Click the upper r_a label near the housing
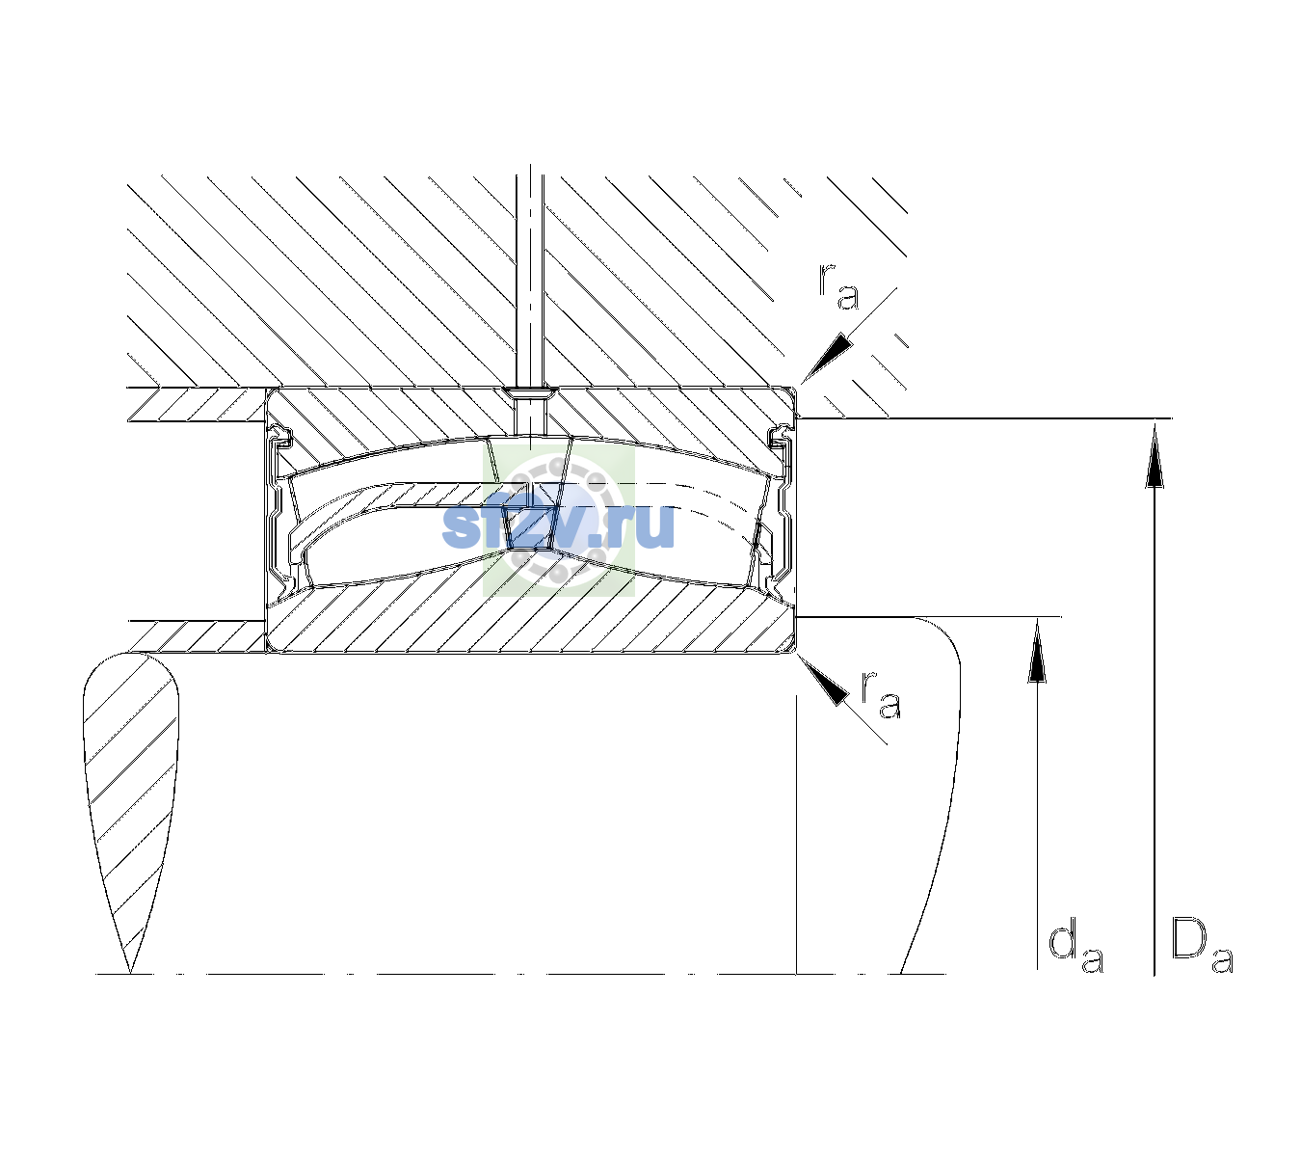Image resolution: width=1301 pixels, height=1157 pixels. pyautogui.click(x=838, y=287)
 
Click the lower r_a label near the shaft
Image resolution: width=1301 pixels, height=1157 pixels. pyautogui.click(x=881, y=694)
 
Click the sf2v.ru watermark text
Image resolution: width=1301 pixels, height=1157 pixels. pyautogui.click(x=558, y=525)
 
